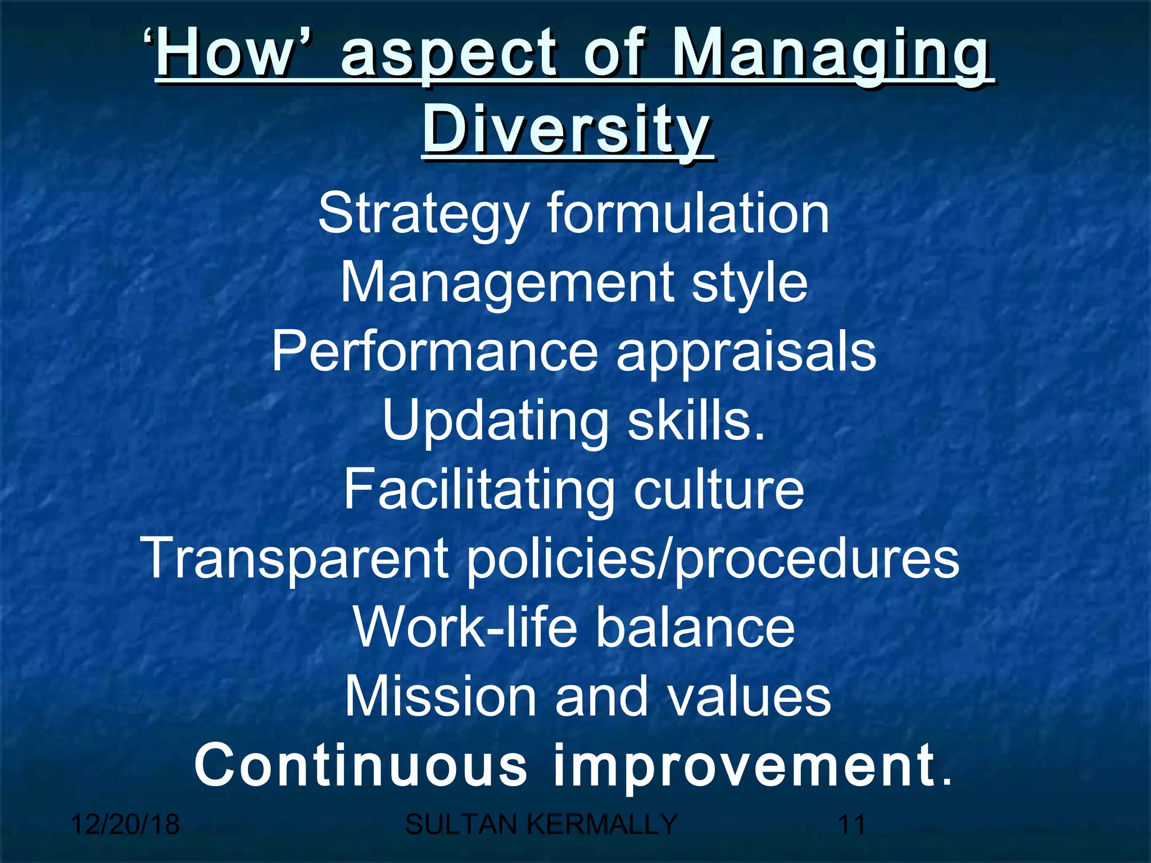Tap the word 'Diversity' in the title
point(568,130)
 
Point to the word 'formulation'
point(688,214)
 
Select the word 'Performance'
point(435,352)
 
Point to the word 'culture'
point(719,490)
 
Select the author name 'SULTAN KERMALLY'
point(541,825)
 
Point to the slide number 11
point(851,825)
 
